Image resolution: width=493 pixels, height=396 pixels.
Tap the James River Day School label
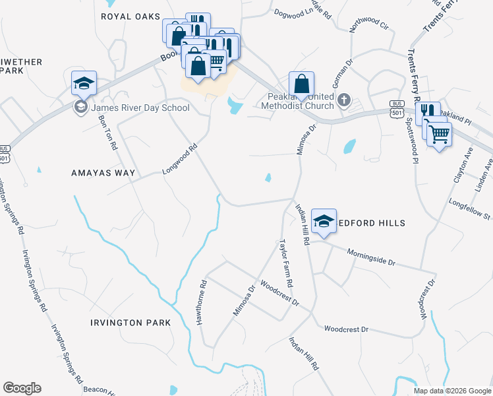coord(140,108)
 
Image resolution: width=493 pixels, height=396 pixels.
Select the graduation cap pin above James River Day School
coord(84,83)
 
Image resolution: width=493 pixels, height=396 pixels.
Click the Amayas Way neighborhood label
coord(103,173)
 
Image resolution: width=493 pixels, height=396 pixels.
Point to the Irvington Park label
coord(130,323)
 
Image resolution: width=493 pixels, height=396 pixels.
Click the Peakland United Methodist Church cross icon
coord(343,100)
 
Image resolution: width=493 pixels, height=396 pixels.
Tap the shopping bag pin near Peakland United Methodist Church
coord(301,84)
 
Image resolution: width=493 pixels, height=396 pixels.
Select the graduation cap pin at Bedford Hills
coord(324,222)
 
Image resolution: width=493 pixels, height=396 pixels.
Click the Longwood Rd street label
coord(180,160)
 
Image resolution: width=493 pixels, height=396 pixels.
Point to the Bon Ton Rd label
coord(107,133)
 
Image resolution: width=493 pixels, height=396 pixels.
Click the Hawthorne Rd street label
coord(203,301)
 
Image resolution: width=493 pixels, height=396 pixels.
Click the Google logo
coord(22,388)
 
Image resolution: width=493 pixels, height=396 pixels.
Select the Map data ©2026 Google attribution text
coord(452,391)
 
